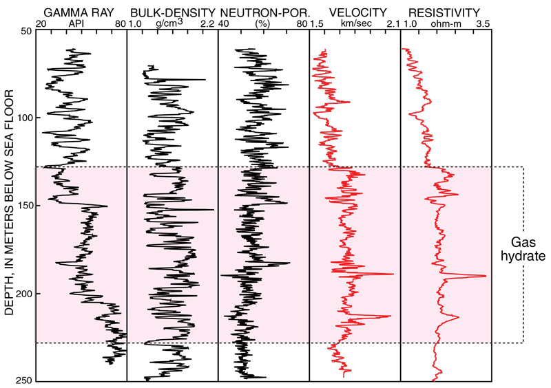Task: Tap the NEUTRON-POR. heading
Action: coord(261,12)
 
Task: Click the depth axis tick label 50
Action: coord(25,32)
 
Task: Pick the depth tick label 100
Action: coord(23,119)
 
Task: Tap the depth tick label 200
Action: coord(23,294)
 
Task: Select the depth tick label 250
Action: coord(23,380)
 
